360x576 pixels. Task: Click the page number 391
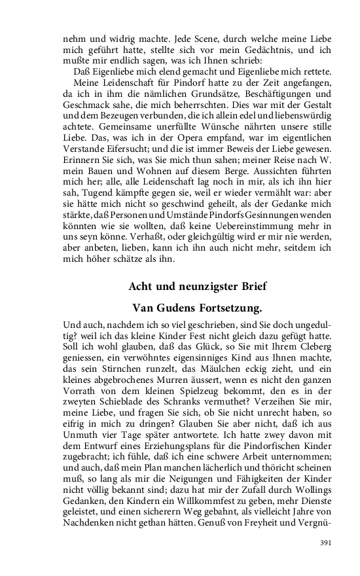click(325, 543)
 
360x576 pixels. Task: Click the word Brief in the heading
click(249, 287)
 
